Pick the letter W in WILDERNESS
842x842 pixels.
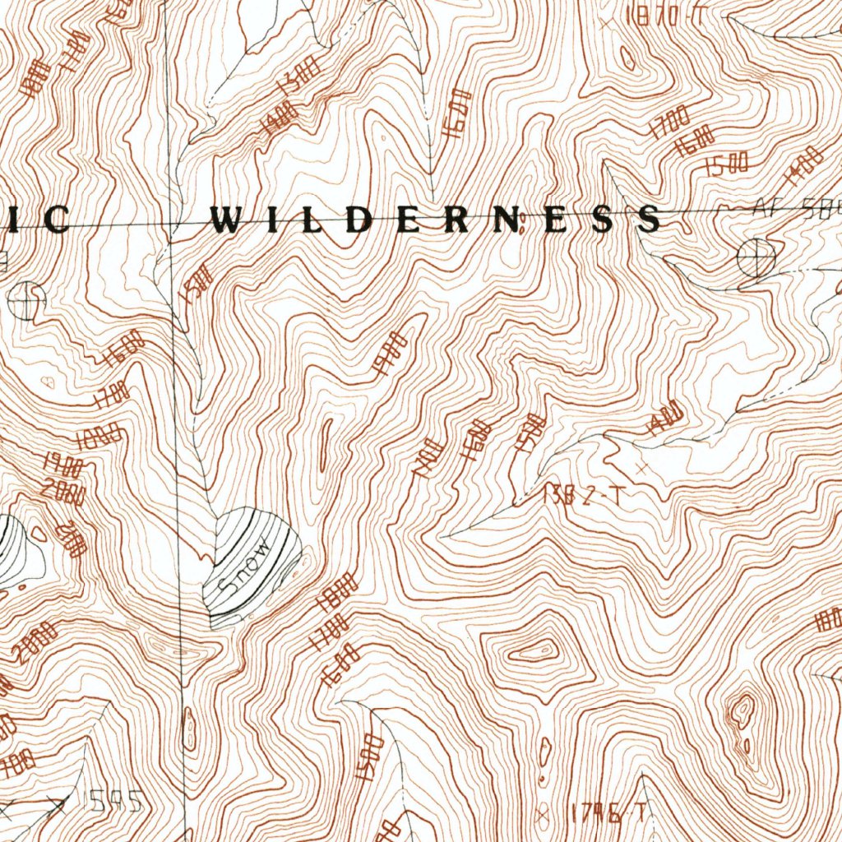point(226,220)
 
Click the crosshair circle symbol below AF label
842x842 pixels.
point(756,257)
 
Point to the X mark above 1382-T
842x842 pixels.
point(641,467)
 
